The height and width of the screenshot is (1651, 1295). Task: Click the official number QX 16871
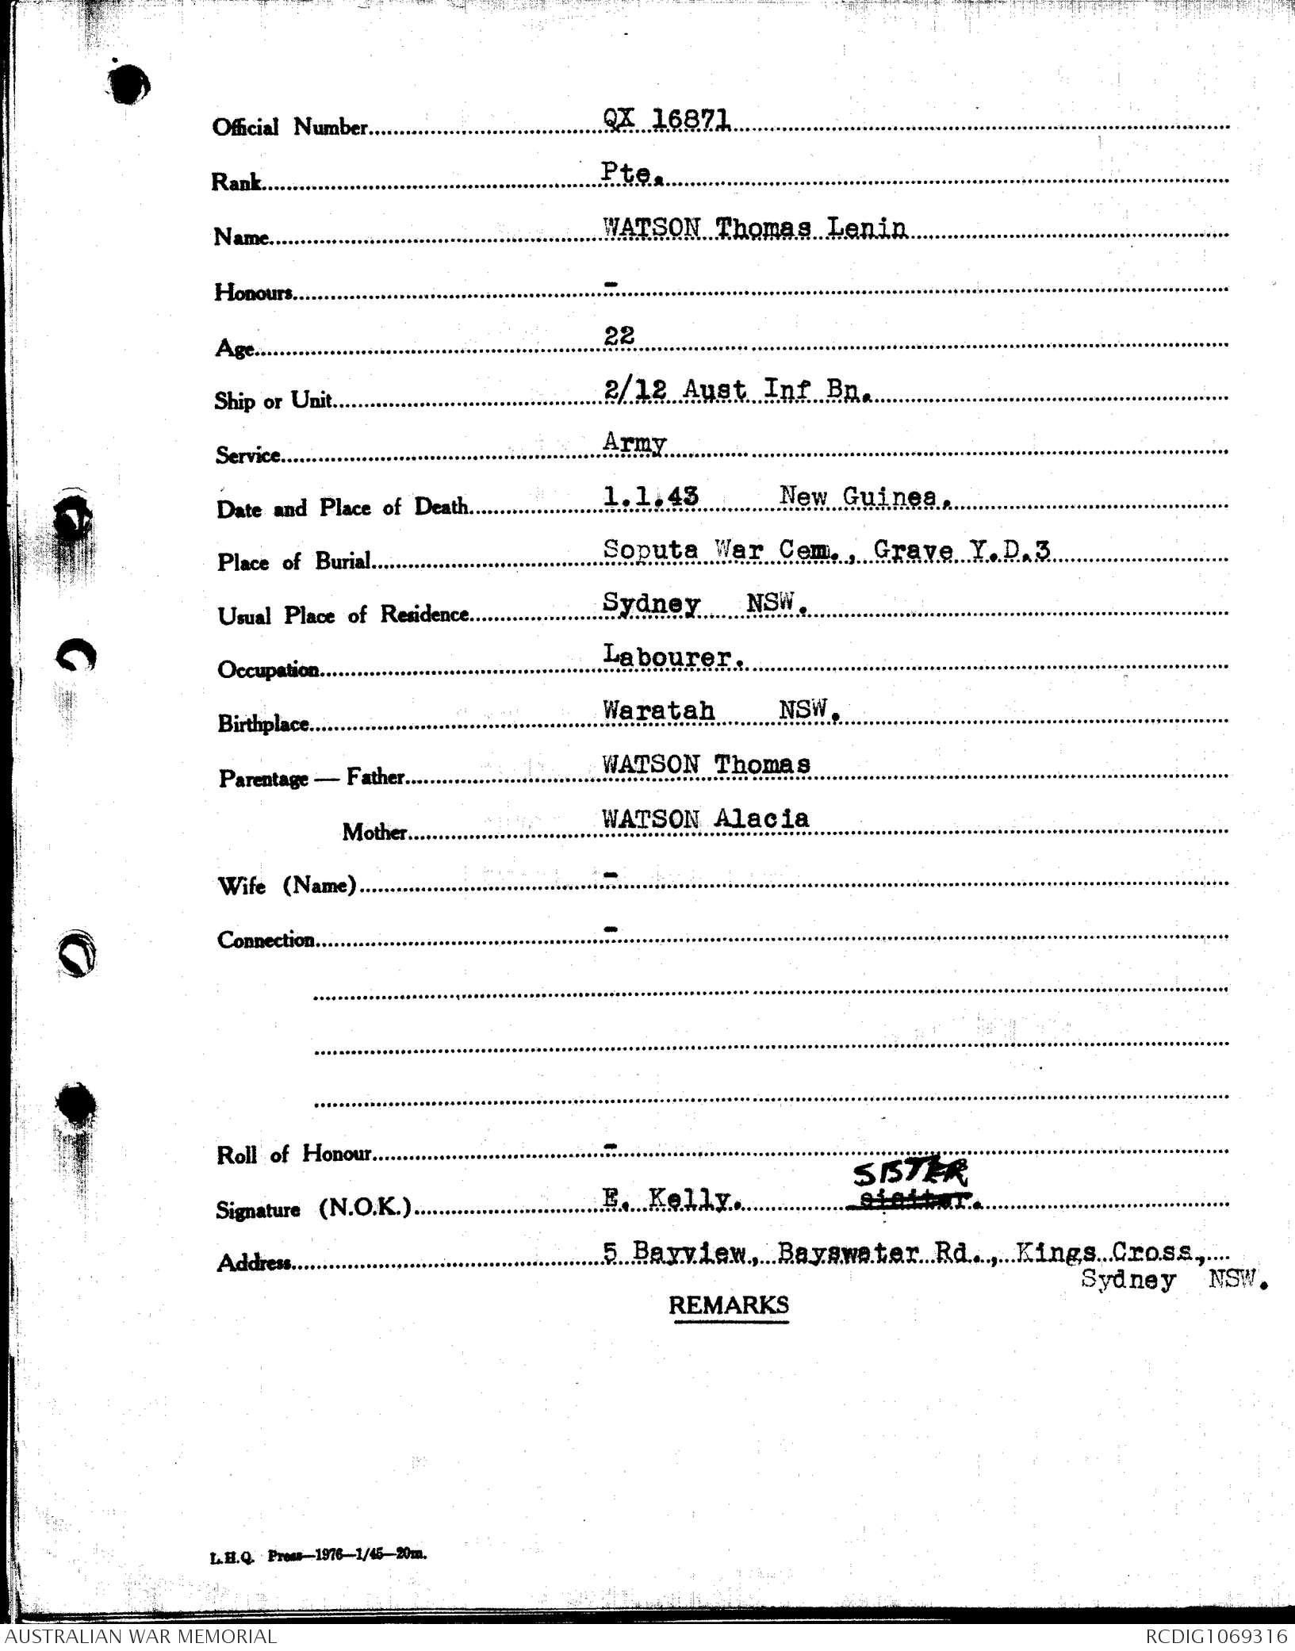click(666, 119)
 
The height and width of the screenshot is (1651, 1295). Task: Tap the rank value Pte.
click(631, 173)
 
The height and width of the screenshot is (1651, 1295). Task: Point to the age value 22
click(619, 335)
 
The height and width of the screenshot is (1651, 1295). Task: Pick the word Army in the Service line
click(634, 442)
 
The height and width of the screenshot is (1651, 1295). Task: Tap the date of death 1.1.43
click(651, 496)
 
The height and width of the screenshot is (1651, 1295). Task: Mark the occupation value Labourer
click(672, 657)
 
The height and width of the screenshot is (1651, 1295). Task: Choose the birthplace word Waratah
click(658, 710)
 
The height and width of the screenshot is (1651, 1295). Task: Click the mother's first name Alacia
click(761, 818)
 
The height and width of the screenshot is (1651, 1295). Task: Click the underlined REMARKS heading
click(729, 1304)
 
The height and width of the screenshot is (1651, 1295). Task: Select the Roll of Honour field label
click(293, 1154)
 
